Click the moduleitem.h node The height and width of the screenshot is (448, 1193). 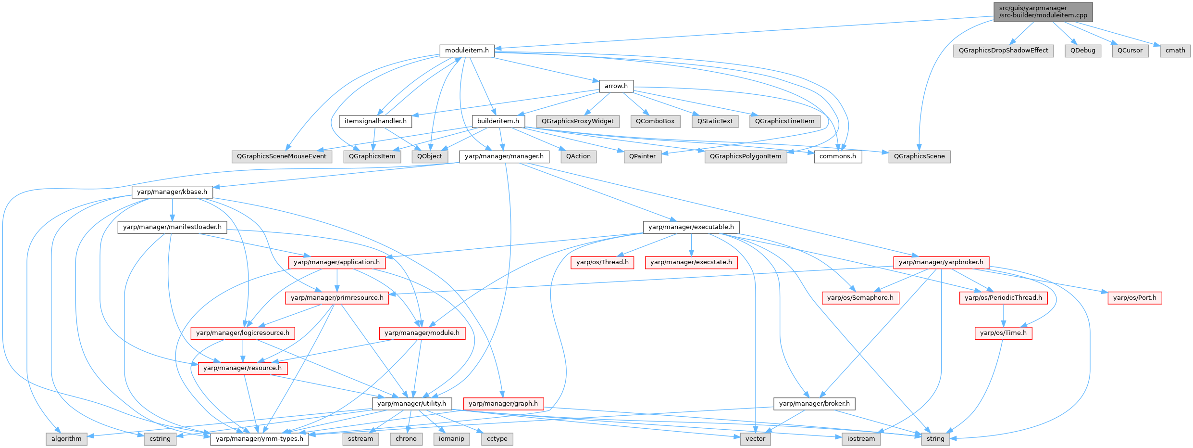[x=467, y=51]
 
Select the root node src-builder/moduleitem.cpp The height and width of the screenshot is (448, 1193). [x=1043, y=12]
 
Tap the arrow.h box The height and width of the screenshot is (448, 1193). [x=616, y=86]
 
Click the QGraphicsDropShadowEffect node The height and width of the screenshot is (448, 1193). [x=1003, y=51]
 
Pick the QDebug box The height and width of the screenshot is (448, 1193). [x=1082, y=51]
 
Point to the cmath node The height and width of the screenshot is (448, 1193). [x=1175, y=51]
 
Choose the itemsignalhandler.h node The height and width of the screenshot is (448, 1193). [x=375, y=121]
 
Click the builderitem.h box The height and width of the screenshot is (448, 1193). [x=498, y=121]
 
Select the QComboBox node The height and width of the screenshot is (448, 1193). [x=655, y=121]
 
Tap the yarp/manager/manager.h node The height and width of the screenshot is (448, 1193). [x=504, y=156]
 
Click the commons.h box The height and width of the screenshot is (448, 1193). [x=837, y=156]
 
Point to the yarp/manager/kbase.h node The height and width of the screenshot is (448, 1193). [x=172, y=192]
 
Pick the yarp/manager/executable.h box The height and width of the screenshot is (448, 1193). [x=691, y=227]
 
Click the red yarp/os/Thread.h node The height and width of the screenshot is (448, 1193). [x=602, y=262]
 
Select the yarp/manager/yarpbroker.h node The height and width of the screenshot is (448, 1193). [x=941, y=262]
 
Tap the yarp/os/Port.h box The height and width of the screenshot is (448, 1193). [x=1134, y=298]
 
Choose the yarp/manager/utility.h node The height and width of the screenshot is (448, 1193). [x=411, y=404]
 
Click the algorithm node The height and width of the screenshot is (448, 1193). [x=66, y=439]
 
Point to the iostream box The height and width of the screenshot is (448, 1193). [x=861, y=439]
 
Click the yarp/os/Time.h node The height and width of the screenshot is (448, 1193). [x=1003, y=333]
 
